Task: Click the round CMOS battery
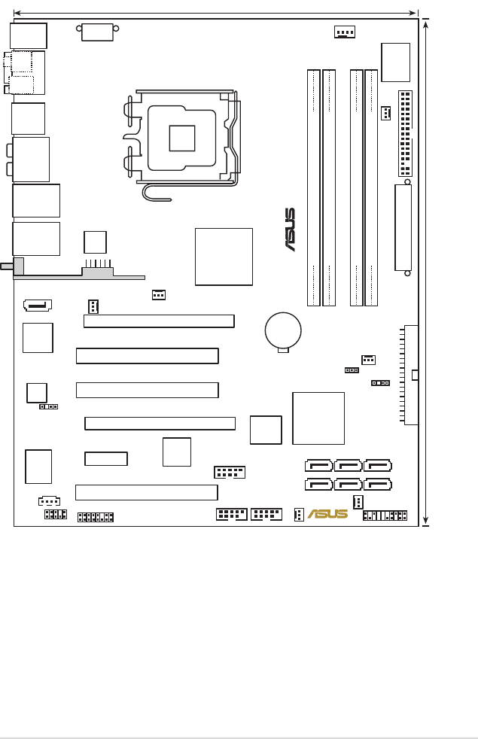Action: coord(283,330)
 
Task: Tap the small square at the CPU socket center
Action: coord(182,138)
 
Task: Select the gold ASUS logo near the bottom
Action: coord(328,514)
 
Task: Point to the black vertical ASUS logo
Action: coord(290,230)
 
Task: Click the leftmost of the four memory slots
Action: coord(314,187)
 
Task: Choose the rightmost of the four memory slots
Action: coord(371,187)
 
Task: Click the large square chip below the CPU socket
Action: coord(224,257)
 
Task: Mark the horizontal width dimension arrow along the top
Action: coord(215,13)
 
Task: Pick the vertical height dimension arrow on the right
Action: coord(426,272)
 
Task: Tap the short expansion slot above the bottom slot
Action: coord(106,458)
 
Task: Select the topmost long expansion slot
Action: coord(159,321)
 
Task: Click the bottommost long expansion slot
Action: coord(147,492)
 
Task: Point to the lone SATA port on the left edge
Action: coord(38,305)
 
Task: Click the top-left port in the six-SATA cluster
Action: coord(319,467)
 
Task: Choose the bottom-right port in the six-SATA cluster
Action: coord(377,485)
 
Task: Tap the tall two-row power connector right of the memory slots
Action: coord(405,133)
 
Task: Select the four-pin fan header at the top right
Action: coord(345,32)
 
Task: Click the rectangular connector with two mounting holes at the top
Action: coord(97,32)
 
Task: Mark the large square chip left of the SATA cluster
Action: coord(318,418)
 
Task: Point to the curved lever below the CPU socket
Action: coord(158,193)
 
